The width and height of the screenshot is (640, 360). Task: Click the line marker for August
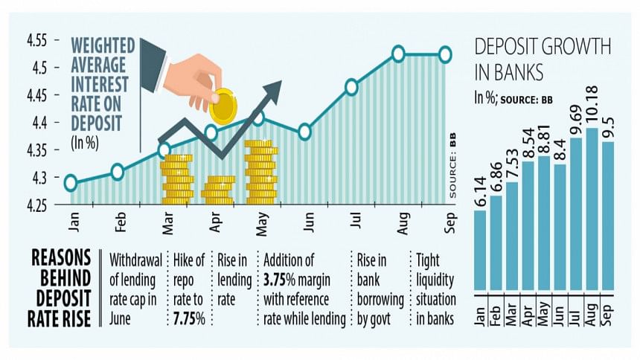(398, 54)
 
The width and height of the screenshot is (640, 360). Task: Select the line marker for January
(71, 183)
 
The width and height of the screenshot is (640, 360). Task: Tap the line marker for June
(304, 132)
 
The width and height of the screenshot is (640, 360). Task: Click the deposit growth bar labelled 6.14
(480, 249)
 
